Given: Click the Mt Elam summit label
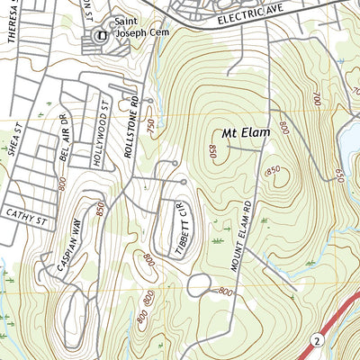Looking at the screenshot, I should [x=242, y=131].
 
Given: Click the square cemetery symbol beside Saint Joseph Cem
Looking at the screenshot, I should [x=101, y=36].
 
